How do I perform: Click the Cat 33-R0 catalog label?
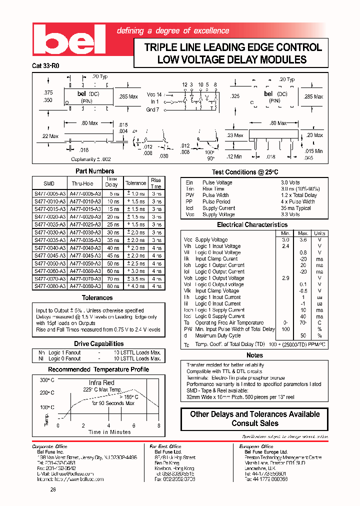click(x=45, y=65)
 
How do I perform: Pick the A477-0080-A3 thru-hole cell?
click(x=86, y=286)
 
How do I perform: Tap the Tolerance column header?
click(x=135, y=183)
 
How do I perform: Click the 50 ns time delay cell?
click(x=112, y=263)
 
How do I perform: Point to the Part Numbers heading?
click(x=94, y=171)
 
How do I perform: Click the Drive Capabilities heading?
click(x=98, y=344)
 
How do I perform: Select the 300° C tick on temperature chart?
click(x=46, y=380)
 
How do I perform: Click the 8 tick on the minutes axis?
click(x=159, y=425)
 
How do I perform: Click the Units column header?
click(x=319, y=233)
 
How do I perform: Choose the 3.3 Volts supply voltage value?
click(x=290, y=214)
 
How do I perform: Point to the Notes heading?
click(x=254, y=355)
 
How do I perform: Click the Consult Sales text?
click(x=254, y=423)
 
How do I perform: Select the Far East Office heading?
click(x=166, y=446)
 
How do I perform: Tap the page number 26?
click(x=52, y=489)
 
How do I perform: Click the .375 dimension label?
click(x=48, y=92)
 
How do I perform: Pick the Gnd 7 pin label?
click(x=152, y=109)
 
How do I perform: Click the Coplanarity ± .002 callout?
click(x=90, y=159)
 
